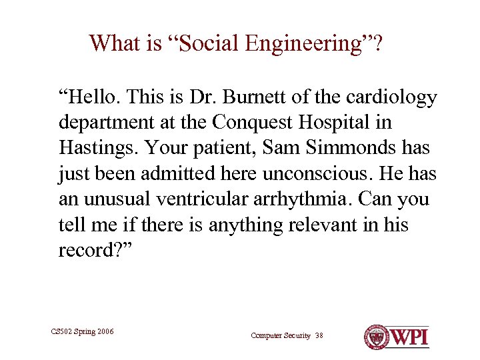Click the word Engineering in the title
[303, 44]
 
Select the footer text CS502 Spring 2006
[83, 331]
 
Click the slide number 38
[318, 335]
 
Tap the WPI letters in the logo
[409, 336]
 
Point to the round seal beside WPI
[376, 336]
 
